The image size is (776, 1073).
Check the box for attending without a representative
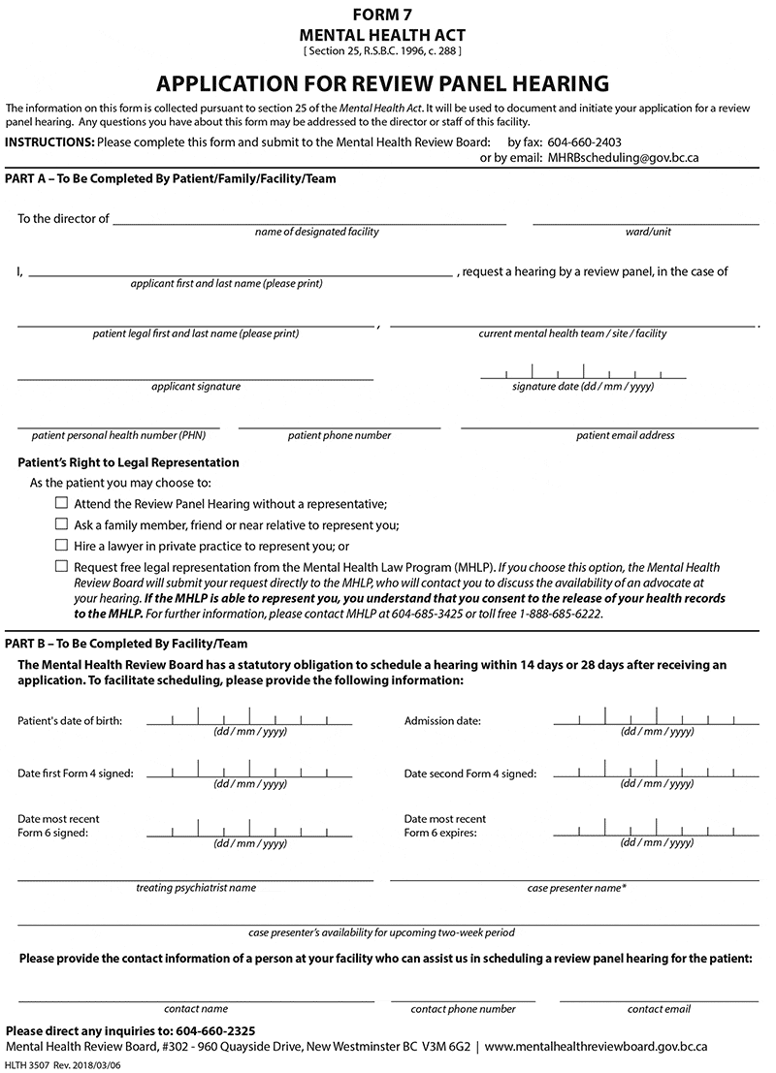62,503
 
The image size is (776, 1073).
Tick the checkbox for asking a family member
62,524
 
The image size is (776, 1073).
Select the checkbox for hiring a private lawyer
62,546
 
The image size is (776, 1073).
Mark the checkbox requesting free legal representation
62,566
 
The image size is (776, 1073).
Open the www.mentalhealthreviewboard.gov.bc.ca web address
596,1047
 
